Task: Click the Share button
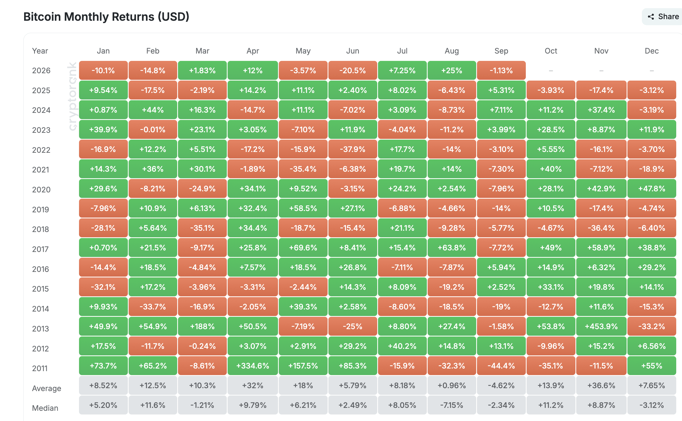(663, 17)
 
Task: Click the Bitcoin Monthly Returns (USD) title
(106, 17)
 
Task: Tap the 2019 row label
(41, 209)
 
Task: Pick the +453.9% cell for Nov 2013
(601, 326)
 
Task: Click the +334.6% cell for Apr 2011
(253, 366)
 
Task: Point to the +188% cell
(202, 326)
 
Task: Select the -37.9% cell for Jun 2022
(353, 149)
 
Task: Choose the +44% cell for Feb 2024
(153, 110)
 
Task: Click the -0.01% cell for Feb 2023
(153, 129)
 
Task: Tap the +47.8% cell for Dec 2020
(652, 188)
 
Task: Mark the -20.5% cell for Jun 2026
(353, 70)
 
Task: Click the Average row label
(46, 388)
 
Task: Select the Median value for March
(202, 405)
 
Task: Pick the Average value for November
(601, 385)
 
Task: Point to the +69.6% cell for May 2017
(303, 248)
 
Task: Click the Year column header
(40, 51)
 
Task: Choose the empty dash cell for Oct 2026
(551, 71)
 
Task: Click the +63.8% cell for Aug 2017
(452, 248)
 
